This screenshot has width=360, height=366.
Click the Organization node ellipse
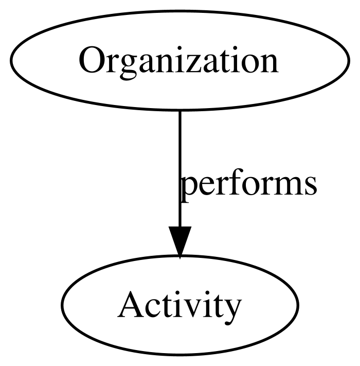pos(180,11)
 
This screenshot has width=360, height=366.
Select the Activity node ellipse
pos(180,256)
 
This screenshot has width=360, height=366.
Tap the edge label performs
pos(248,185)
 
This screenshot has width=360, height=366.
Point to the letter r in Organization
pos(112,63)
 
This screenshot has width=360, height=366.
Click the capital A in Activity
pos(131,304)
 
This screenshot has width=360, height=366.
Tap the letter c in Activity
pos(152,308)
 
